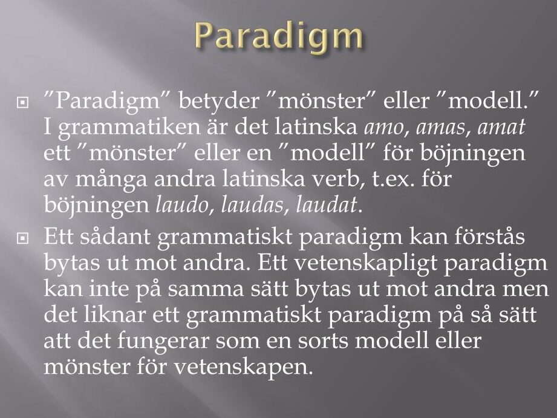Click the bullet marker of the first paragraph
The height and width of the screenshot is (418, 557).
tap(22, 103)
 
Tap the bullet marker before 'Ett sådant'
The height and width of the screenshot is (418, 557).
tap(22, 238)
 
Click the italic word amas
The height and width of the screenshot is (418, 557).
tap(440, 128)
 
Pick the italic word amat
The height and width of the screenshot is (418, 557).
tap(501, 127)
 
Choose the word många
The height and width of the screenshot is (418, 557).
tap(111, 180)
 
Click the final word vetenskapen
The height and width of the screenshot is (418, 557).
tap(243, 367)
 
